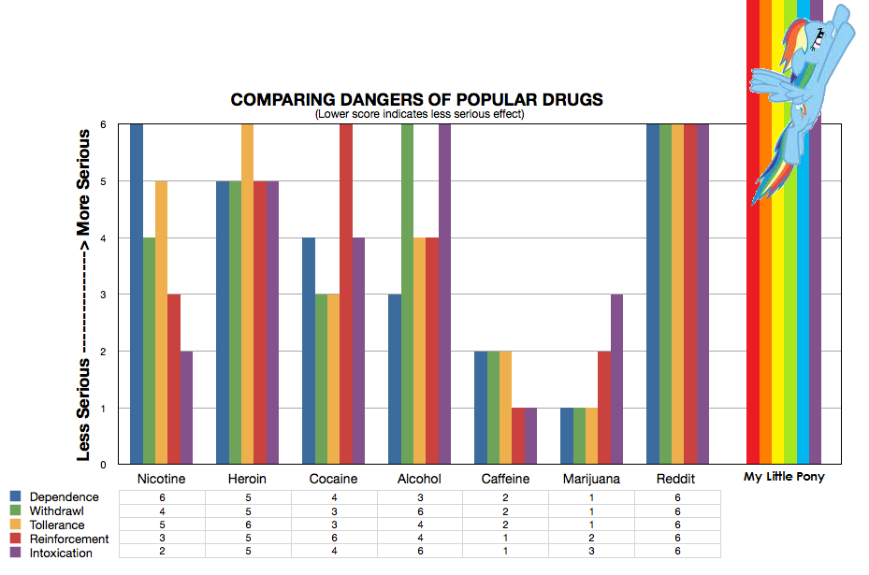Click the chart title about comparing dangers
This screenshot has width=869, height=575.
point(417,100)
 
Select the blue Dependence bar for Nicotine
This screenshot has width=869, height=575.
point(137,294)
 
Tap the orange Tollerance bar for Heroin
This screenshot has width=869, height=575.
point(248,294)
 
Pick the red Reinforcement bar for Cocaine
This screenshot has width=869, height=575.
point(346,294)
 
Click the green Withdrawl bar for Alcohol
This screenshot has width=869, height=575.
point(407,294)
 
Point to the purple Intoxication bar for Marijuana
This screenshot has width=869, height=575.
point(616,379)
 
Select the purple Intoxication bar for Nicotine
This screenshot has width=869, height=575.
point(187,407)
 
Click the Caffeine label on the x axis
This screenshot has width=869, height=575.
point(505,479)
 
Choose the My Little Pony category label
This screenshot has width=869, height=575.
point(785,477)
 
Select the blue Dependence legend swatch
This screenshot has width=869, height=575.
point(15,496)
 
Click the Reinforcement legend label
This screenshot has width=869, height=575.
point(69,539)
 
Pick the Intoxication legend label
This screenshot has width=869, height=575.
point(62,553)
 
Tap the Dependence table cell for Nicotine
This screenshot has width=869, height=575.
point(162,497)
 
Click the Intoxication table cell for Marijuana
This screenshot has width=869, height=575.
point(591,553)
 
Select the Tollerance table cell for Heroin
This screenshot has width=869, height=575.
point(248,525)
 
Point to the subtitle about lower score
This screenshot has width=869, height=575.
point(418,114)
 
